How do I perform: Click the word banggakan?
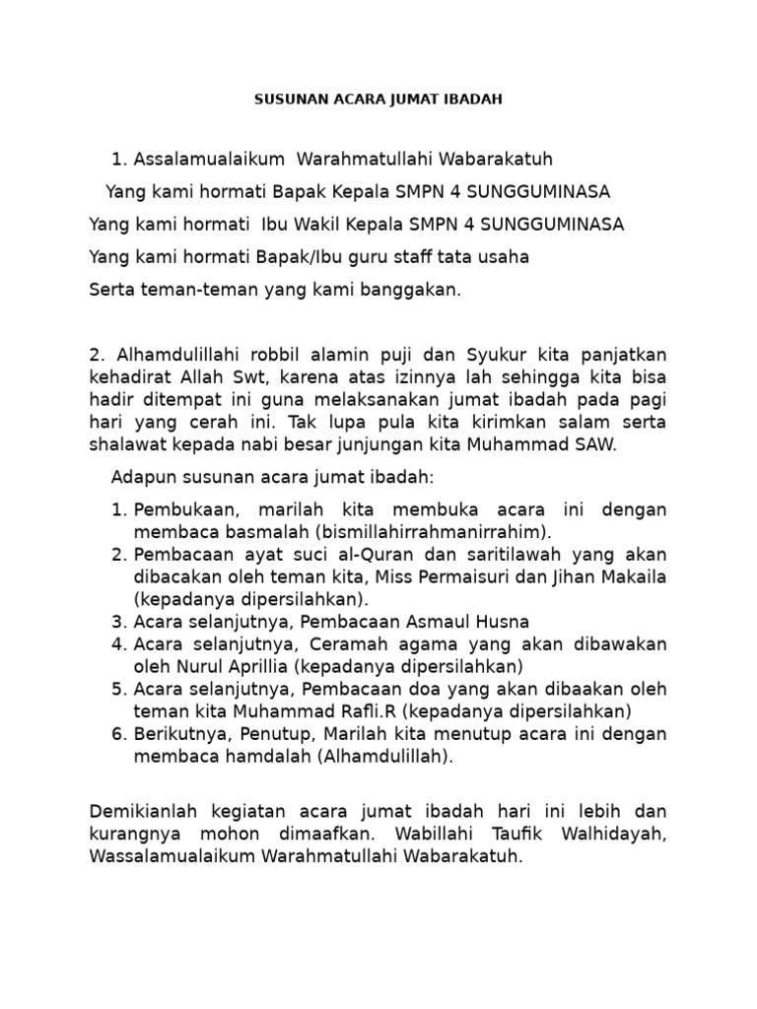[x=412, y=291]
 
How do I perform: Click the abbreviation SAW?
[x=595, y=444]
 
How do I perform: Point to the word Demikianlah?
[x=145, y=812]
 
